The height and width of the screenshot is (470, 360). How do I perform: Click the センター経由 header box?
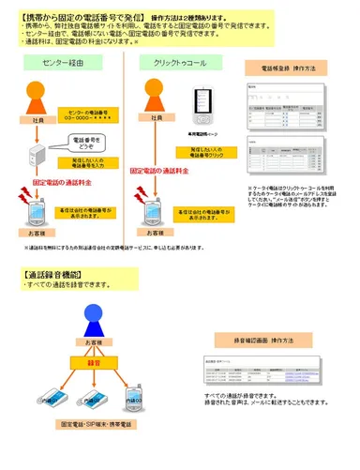pos(64,62)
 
